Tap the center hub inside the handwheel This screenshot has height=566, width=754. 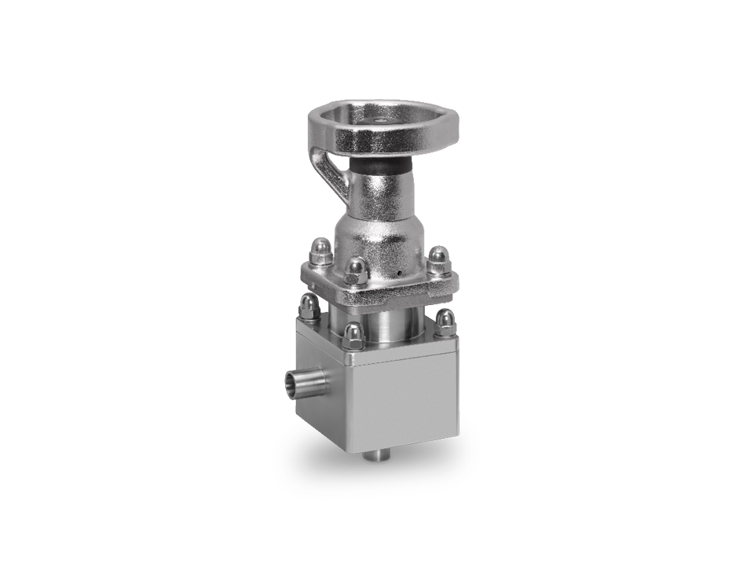tap(380, 121)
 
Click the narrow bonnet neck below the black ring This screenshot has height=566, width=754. tap(382, 193)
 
